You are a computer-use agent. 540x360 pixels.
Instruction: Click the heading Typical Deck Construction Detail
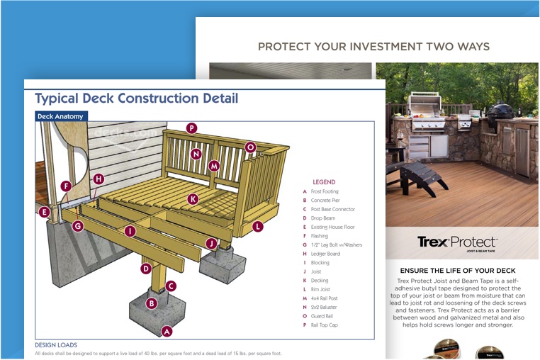coord(136,99)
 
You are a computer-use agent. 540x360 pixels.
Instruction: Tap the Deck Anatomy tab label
coord(60,116)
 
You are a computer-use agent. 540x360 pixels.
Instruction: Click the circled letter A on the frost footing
coord(167,331)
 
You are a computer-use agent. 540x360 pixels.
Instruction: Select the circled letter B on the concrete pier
coord(151,303)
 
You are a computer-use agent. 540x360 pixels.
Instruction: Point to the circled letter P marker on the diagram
coord(191,128)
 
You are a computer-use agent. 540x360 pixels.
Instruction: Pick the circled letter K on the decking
coord(193,200)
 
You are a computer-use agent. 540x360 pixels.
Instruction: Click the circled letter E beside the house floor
coord(45,212)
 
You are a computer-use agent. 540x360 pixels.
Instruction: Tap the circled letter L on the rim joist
coord(257,227)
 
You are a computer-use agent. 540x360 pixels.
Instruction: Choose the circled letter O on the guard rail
coord(250,147)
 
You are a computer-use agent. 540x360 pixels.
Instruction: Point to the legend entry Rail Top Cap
coord(324,325)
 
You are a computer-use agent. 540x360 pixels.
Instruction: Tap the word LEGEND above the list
coord(324,182)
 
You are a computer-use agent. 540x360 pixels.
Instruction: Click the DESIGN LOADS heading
coord(56,345)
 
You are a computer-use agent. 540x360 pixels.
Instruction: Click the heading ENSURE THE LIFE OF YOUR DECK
coord(457,271)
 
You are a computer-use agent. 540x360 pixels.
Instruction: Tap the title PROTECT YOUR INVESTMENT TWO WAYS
coord(373,47)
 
